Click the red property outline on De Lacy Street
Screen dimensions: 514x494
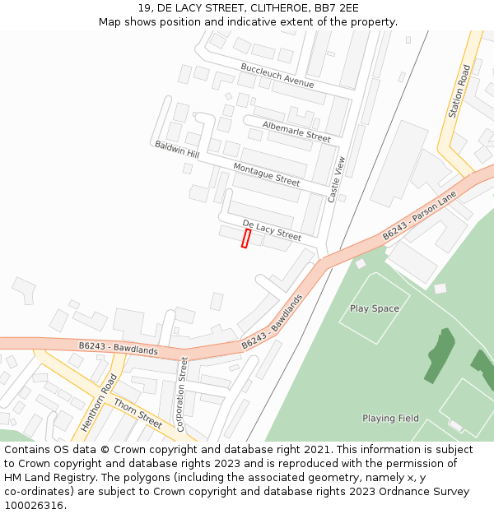245,238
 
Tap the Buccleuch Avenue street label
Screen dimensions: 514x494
277,76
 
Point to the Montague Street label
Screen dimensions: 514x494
266,174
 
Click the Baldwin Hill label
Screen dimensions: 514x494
177,150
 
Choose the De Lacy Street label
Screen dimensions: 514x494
272,229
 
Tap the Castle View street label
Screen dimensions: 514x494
336,179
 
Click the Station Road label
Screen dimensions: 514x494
459,91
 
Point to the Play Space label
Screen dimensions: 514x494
375,308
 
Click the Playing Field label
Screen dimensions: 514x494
390,418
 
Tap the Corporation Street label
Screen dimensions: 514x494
184,394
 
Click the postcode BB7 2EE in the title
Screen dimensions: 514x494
337,8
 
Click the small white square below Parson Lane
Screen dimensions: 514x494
440,289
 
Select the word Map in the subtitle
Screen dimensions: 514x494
110,22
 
